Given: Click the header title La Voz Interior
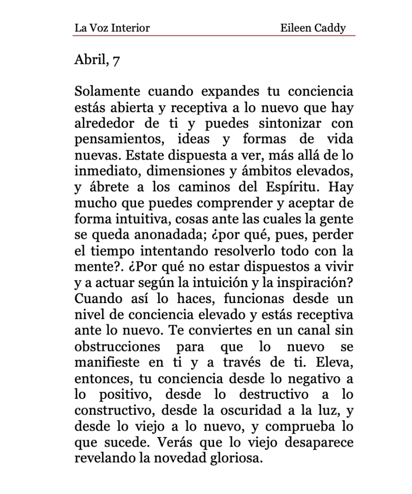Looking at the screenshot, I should [112, 28].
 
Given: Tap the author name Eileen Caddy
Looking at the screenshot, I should [313, 28].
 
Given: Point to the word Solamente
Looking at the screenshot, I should [107, 91].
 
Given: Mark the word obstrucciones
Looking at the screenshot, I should [117, 347].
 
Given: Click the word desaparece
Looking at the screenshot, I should [320, 442].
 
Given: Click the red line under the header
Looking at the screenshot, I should [214, 35].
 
